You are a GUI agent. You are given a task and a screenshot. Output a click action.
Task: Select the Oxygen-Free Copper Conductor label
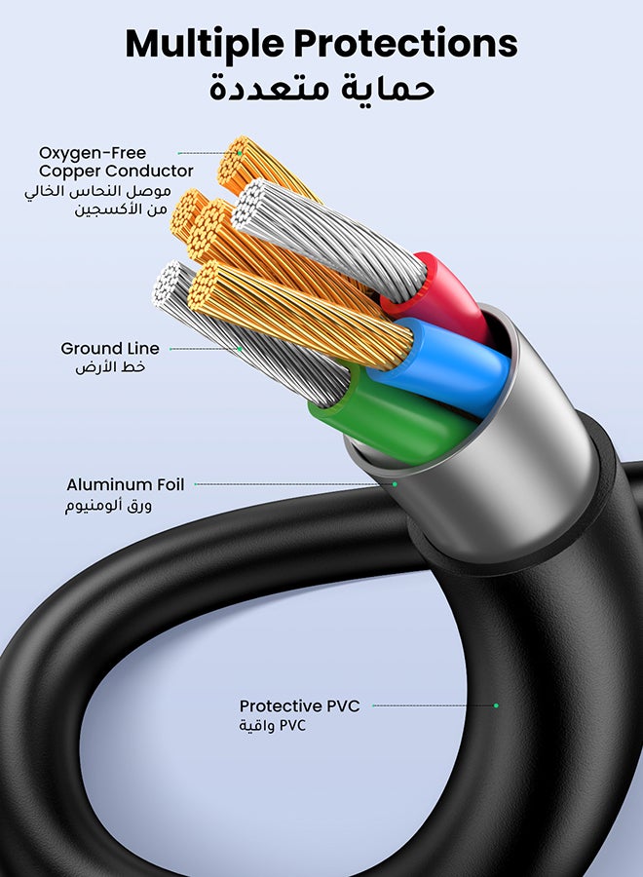click(x=116, y=162)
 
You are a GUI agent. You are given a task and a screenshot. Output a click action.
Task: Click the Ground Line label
click(x=109, y=348)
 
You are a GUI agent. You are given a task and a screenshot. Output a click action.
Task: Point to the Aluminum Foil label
click(x=125, y=484)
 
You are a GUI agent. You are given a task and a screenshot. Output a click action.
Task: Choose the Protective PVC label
click(x=299, y=705)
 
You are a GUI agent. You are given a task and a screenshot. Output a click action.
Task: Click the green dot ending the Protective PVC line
click(x=496, y=705)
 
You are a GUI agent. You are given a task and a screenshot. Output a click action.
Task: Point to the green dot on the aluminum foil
click(x=396, y=484)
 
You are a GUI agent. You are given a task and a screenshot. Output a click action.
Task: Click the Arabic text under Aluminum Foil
click(x=109, y=505)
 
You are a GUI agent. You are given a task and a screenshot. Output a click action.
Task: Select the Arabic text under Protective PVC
click(x=273, y=726)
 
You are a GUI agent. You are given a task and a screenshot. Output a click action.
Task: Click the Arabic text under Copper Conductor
click(x=97, y=200)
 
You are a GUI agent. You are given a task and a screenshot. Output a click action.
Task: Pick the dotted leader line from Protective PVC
click(x=434, y=705)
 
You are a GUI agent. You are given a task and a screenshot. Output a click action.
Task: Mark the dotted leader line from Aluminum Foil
click(x=292, y=484)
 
